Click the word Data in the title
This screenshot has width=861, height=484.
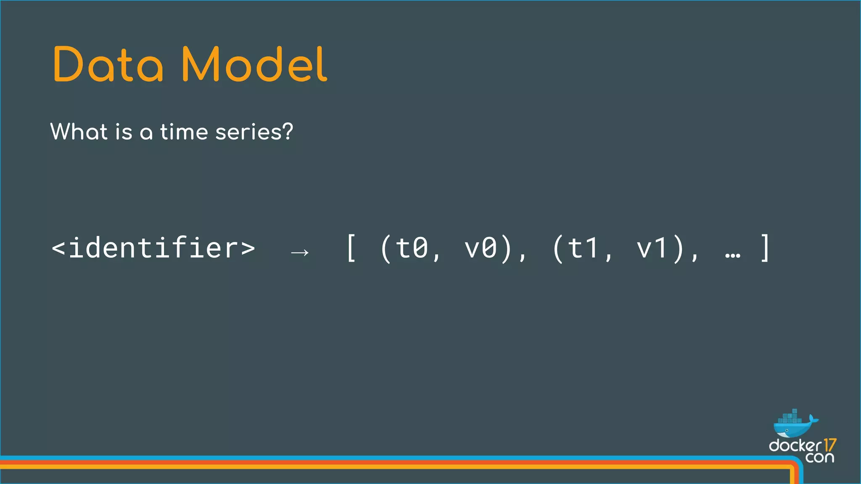click(108, 65)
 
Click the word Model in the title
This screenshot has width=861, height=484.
click(254, 65)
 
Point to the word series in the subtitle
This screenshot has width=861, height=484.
click(248, 132)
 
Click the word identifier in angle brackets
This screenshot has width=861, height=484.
click(153, 247)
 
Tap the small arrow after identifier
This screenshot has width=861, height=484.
click(300, 252)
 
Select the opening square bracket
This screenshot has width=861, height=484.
click(351, 248)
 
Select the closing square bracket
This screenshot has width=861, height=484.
click(766, 248)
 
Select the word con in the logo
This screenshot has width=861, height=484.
click(820, 457)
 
